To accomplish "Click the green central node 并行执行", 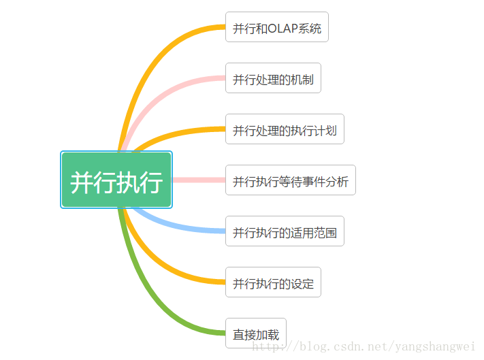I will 116,180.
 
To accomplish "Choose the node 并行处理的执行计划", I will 285,129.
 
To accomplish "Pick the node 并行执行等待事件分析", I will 290,180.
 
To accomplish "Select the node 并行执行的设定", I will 273,282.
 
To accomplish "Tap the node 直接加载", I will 256,333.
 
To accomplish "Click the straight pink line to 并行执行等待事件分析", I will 199,180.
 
